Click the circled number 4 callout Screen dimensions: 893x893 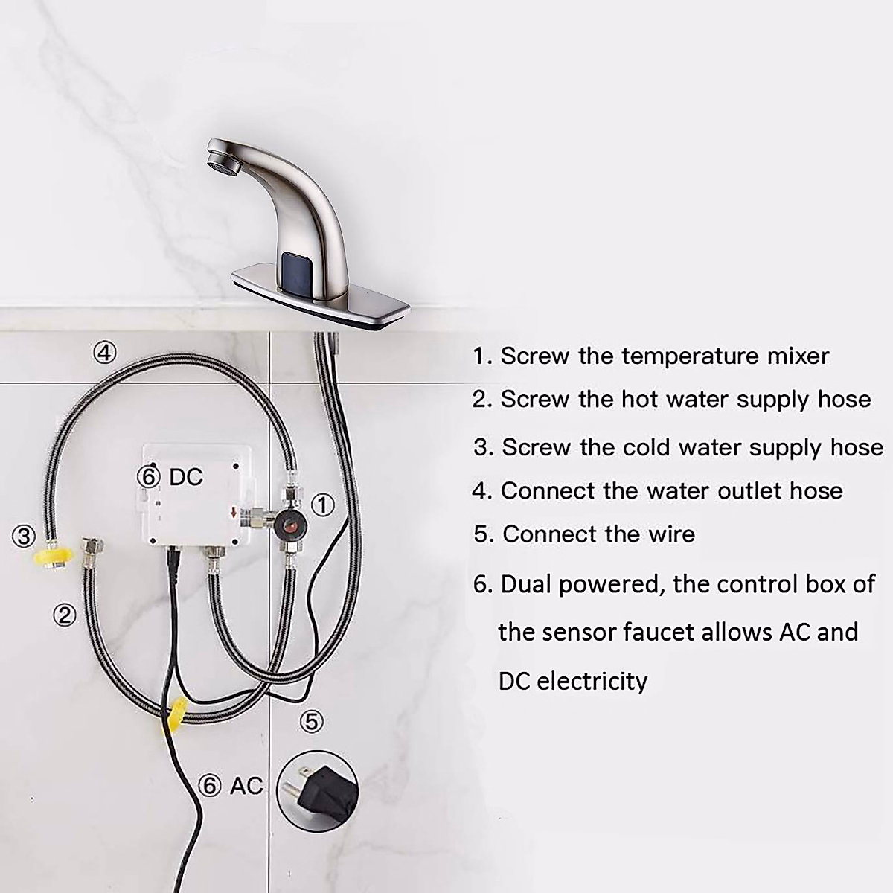[x=106, y=351]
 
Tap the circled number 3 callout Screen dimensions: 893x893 [x=25, y=535]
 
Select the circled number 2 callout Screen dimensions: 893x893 [x=65, y=615]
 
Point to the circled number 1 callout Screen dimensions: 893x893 [x=321, y=505]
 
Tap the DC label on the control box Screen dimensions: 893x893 [x=186, y=477]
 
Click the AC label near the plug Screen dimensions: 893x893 [x=246, y=785]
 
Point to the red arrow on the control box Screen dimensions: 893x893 [x=234, y=513]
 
